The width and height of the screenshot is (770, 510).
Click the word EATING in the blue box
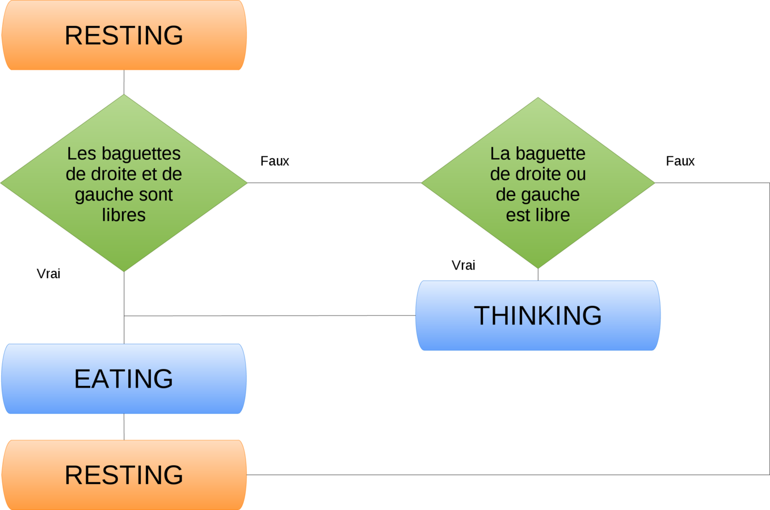coord(124,379)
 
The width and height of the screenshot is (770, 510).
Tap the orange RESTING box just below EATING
coord(124,475)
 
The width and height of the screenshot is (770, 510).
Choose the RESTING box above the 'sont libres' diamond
coord(124,35)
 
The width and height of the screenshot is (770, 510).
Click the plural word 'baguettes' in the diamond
coord(141,154)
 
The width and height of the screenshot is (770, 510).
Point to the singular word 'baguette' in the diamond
coord(550,154)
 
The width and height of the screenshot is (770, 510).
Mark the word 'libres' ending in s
coord(124,215)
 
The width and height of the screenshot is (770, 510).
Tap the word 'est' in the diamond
coord(516,215)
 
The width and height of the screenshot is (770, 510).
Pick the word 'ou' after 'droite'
coord(576,174)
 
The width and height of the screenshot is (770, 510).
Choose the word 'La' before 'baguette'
coord(500,154)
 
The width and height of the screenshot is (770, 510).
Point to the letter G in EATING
coord(162,379)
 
